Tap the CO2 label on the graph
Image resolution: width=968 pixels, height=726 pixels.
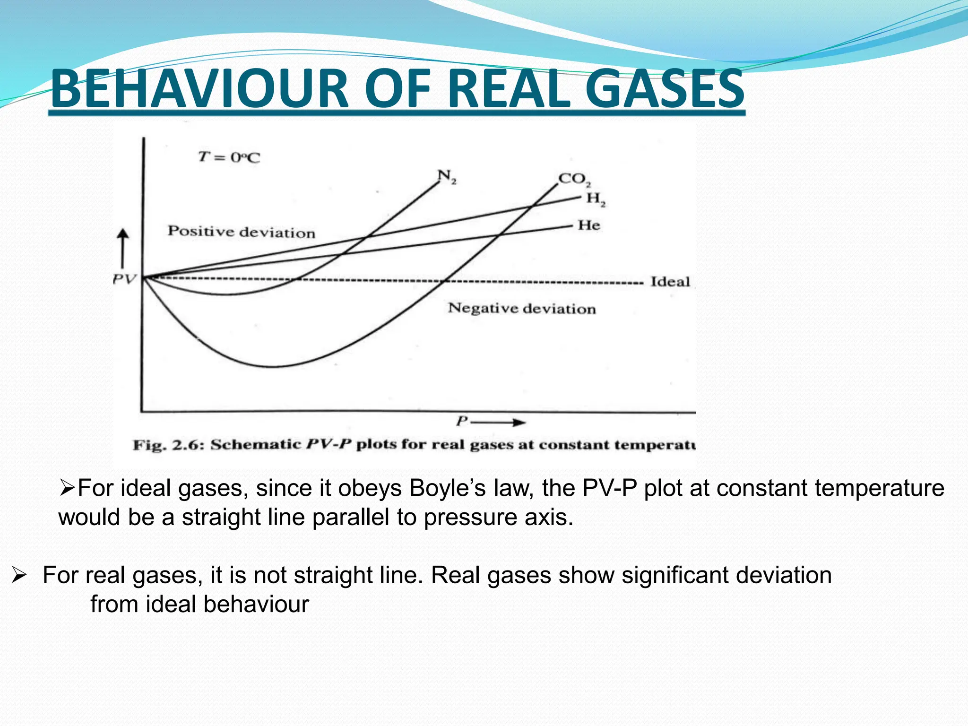click(x=574, y=180)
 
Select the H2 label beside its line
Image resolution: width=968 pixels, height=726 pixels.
click(x=596, y=199)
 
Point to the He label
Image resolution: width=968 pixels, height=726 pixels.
click(x=589, y=225)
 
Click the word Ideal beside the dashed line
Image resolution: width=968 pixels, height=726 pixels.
click(x=670, y=282)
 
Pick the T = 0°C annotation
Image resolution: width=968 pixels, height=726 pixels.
click(x=229, y=157)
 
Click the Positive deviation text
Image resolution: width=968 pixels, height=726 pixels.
click(x=242, y=232)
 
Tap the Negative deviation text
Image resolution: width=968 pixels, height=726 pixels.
click(x=522, y=309)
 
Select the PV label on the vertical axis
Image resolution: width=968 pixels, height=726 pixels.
click(x=124, y=279)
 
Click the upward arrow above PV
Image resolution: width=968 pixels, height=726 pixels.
click(x=123, y=248)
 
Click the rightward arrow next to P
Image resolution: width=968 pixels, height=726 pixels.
click(x=506, y=422)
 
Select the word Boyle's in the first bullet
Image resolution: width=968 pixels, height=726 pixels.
click(x=447, y=488)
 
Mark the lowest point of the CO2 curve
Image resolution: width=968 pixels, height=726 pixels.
click(x=273, y=367)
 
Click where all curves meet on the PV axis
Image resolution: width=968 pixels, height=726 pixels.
click(x=144, y=277)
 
